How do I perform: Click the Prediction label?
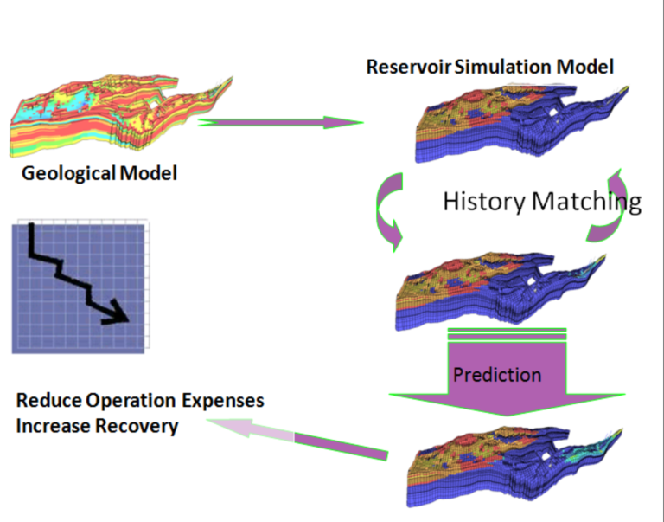pyautogui.click(x=497, y=375)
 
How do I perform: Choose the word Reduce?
pyautogui.click(x=48, y=403)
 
